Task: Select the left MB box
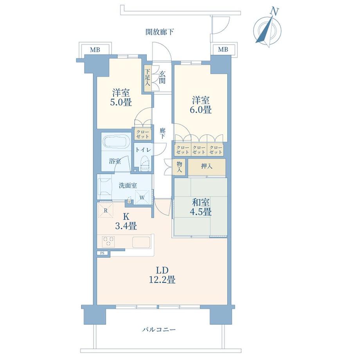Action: (95, 50)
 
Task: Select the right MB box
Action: (223, 49)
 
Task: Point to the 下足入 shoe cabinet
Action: (148, 77)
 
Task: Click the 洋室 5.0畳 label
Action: (122, 98)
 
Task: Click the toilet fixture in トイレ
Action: (144, 164)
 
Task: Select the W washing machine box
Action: (142, 197)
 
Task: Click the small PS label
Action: (103, 253)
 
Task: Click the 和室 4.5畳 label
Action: (201, 207)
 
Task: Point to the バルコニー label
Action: (159, 329)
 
